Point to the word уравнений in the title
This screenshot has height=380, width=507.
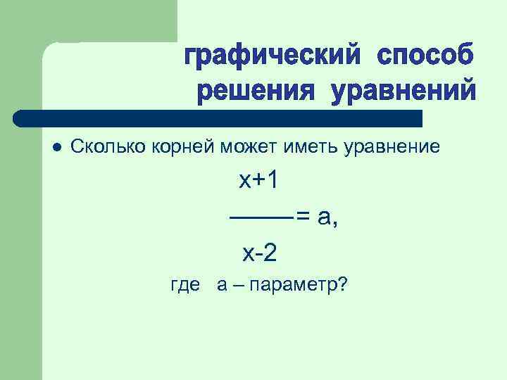(x=403, y=91)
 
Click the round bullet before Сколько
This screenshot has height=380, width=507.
(x=57, y=147)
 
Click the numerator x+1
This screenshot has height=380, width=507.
(x=258, y=181)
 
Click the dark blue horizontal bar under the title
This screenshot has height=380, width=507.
(x=218, y=118)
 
